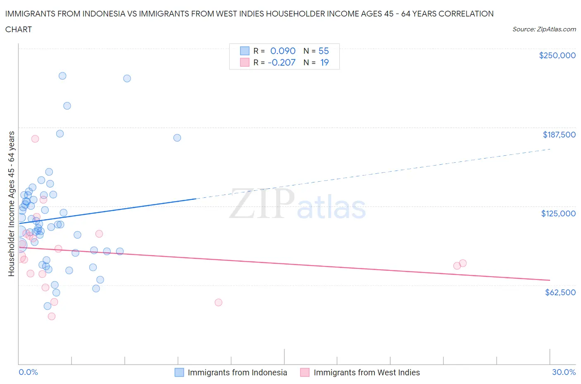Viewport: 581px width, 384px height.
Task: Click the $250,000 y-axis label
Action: [x=557, y=55]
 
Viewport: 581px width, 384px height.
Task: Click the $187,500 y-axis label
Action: [x=559, y=135]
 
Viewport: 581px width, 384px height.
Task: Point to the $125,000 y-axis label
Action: [x=558, y=213]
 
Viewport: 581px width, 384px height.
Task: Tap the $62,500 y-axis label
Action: [x=560, y=292]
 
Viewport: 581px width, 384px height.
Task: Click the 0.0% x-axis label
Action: [x=28, y=372]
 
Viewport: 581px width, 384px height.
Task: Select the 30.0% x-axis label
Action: [x=564, y=372]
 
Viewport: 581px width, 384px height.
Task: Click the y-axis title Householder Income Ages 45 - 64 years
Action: [x=12, y=204]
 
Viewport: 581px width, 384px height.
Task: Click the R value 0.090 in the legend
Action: [x=283, y=51]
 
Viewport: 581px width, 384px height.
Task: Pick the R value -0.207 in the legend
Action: [x=281, y=62]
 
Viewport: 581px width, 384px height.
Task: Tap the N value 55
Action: [x=324, y=51]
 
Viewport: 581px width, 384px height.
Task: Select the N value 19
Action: [x=324, y=62]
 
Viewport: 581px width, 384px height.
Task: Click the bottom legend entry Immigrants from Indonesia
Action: [x=237, y=372]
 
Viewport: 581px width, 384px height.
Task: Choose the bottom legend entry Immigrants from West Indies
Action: [x=367, y=372]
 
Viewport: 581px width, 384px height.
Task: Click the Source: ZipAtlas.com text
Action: [x=544, y=29]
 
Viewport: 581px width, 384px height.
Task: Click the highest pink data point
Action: [x=35, y=139]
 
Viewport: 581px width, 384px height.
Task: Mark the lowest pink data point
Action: [x=52, y=316]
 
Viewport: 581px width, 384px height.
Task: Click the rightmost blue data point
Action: [x=177, y=138]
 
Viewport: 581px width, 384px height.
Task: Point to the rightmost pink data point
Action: [x=463, y=263]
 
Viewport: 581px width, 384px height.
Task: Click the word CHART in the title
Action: [x=19, y=29]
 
